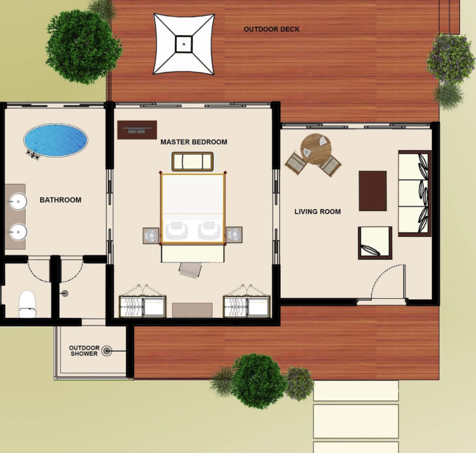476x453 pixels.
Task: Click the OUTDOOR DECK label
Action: tap(271, 29)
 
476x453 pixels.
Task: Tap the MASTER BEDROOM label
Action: tap(194, 142)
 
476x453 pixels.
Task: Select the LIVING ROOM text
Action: tap(318, 211)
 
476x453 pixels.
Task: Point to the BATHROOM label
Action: tap(61, 200)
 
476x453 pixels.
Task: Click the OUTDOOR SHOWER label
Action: tap(84, 351)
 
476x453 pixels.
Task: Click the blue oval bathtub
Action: tap(55, 140)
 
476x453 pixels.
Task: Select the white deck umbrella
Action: tap(184, 44)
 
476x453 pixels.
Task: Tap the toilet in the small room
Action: tap(27, 304)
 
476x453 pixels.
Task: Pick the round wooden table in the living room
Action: tap(316, 149)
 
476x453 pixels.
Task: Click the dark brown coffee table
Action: tap(373, 191)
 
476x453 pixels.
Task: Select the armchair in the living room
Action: tap(375, 242)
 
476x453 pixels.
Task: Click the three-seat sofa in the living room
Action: tap(415, 193)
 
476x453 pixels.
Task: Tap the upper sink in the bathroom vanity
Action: tap(18, 201)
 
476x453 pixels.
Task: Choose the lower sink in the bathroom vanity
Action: tap(18, 232)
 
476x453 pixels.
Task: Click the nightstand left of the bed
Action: tap(151, 236)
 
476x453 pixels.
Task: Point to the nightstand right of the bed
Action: tap(234, 235)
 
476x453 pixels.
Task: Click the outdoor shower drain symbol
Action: tap(107, 351)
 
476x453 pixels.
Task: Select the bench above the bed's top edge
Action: tap(192, 161)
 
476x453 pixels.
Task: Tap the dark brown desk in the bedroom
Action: tap(137, 130)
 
